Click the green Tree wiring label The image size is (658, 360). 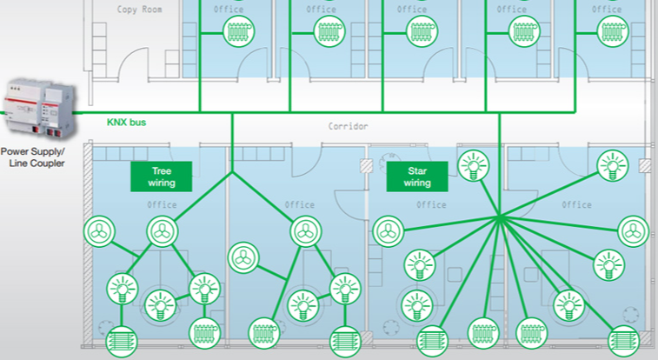click(x=162, y=177)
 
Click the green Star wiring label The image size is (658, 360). click(x=417, y=177)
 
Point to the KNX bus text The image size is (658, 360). click(x=126, y=123)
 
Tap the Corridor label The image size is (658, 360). click(x=348, y=126)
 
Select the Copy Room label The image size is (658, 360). click(x=142, y=10)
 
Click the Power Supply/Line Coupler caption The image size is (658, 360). click(x=36, y=157)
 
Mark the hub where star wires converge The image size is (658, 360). click(x=500, y=217)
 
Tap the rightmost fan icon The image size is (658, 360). click(x=633, y=231)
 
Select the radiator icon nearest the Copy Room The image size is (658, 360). click(x=236, y=33)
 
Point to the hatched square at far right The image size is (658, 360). click(x=645, y=165)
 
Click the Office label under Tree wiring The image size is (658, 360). click(x=162, y=205)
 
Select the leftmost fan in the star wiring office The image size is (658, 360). click(x=388, y=231)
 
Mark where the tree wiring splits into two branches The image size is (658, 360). click(x=232, y=172)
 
